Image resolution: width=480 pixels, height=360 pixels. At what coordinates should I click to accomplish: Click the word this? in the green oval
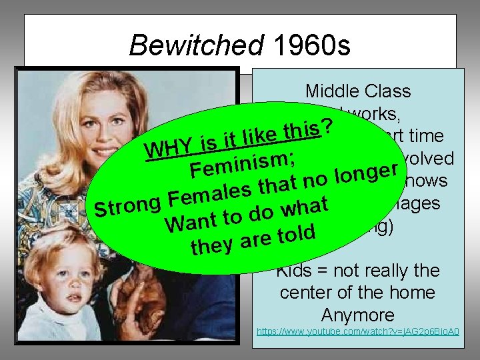coord(307,122)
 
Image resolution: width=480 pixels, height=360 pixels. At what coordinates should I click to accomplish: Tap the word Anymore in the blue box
coord(357,314)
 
